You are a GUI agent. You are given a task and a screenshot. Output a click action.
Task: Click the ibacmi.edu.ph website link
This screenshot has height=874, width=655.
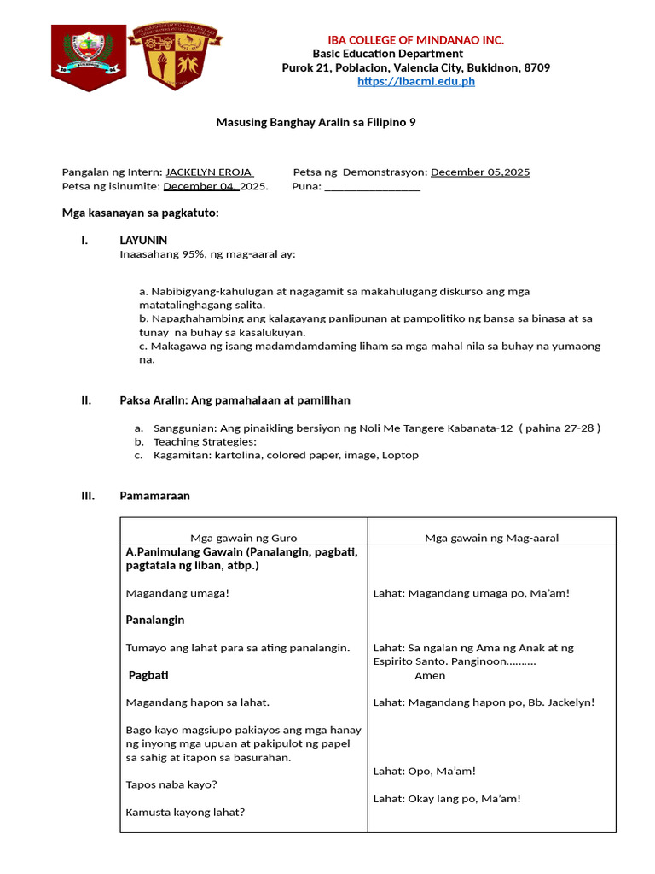tap(416, 81)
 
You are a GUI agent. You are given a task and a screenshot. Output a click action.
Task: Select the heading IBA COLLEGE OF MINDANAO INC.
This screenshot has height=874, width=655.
tap(416, 40)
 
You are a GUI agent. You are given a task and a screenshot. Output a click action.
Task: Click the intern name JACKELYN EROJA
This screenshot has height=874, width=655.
tap(209, 172)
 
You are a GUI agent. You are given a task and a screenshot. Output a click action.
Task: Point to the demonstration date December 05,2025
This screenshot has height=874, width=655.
tap(480, 172)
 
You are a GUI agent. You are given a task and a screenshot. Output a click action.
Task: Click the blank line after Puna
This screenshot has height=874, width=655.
tap(373, 186)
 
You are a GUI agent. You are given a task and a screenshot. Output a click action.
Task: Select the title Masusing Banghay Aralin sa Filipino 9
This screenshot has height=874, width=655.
tap(316, 122)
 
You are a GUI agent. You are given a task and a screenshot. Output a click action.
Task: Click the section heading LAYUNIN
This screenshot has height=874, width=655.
tap(143, 240)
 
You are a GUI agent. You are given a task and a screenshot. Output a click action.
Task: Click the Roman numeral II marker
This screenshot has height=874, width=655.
tap(86, 399)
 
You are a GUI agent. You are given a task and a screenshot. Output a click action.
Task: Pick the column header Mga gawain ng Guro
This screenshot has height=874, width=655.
tap(243, 538)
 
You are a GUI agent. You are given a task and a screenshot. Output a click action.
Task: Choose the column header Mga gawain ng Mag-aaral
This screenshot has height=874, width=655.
tap(491, 538)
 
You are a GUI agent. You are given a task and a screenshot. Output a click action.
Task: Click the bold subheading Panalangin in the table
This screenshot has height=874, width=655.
tap(155, 620)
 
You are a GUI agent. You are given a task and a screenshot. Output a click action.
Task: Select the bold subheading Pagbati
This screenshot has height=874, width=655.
tap(148, 675)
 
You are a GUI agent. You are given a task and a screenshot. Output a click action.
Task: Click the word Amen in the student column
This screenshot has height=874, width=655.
tap(430, 675)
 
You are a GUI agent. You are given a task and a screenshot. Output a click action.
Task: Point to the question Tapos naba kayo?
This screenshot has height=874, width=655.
tap(171, 784)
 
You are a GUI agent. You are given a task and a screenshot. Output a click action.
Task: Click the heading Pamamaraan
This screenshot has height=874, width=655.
tap(154, 495)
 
